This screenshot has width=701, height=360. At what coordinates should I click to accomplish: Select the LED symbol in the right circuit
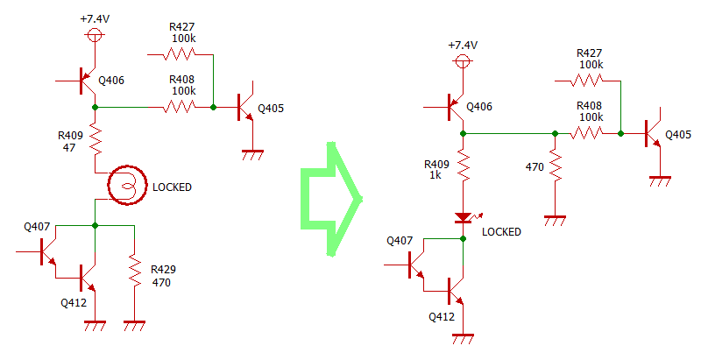coord(464,218)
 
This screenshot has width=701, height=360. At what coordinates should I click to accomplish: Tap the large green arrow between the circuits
coord(331,199)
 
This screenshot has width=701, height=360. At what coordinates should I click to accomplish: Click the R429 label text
coord(163,269)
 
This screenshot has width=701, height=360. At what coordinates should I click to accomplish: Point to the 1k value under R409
coord(435,175)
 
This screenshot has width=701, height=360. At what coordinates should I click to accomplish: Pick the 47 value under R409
coord(69,148)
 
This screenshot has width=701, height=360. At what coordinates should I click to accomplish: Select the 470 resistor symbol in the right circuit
coord(555,165)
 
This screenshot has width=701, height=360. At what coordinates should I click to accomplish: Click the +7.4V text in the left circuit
coord(95,19)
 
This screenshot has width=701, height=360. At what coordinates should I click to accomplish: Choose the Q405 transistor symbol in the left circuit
coord(245,107)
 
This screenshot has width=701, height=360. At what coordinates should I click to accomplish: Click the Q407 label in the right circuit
coord(400,241)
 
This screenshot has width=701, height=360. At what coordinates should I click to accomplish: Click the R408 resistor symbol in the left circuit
coord(180,107)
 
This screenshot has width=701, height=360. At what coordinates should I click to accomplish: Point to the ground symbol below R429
coord(135,326)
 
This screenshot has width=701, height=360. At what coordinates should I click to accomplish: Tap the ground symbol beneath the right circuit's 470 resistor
coord(555,221)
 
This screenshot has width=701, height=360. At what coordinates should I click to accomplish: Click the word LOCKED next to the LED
coord(501,232)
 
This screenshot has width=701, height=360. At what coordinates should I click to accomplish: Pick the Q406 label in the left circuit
coord(111,81)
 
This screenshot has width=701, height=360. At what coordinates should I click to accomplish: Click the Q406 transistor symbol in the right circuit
coord(456,107)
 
